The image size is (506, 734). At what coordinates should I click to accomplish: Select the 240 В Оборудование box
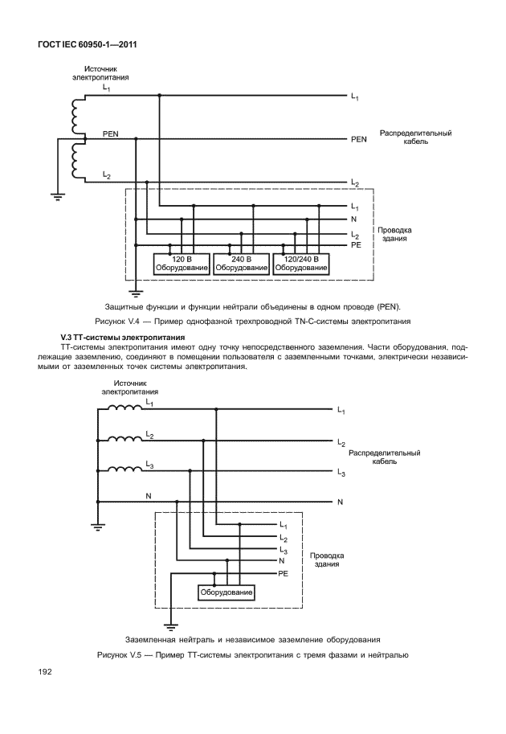(x=241, y=264)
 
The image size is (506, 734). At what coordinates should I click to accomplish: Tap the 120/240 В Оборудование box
(x=301, y=264)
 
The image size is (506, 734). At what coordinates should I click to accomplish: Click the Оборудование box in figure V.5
(x=226, y=593)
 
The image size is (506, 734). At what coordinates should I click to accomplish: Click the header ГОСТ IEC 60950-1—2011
(x=86, y=44)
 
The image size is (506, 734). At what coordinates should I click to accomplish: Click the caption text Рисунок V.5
(x=252, y=654)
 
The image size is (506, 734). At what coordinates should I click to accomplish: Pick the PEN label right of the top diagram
(x=358, y=139)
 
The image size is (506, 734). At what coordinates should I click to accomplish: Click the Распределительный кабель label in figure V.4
(x=415, y=137)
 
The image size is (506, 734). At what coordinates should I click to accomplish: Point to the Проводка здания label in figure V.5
(x=327, y=560)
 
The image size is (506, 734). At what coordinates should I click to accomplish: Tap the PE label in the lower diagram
(x=283, y=574)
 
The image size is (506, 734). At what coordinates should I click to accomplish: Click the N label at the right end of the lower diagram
(x=341, y=502)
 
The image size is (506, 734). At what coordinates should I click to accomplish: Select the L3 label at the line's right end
(x=341, y=474)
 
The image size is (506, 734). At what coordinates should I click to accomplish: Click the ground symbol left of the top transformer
(x=58, y=194)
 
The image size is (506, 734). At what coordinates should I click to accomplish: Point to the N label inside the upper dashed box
(x=354, y=219)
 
